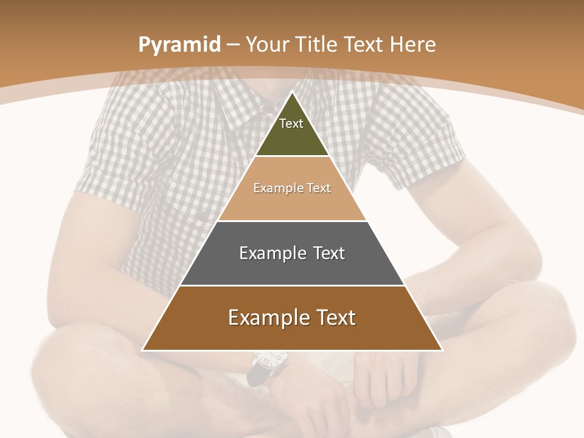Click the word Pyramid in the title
coord(179,45)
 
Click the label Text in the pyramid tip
coord(291,123)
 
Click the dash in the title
coord(233,45)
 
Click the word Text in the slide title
coord(364,44)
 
